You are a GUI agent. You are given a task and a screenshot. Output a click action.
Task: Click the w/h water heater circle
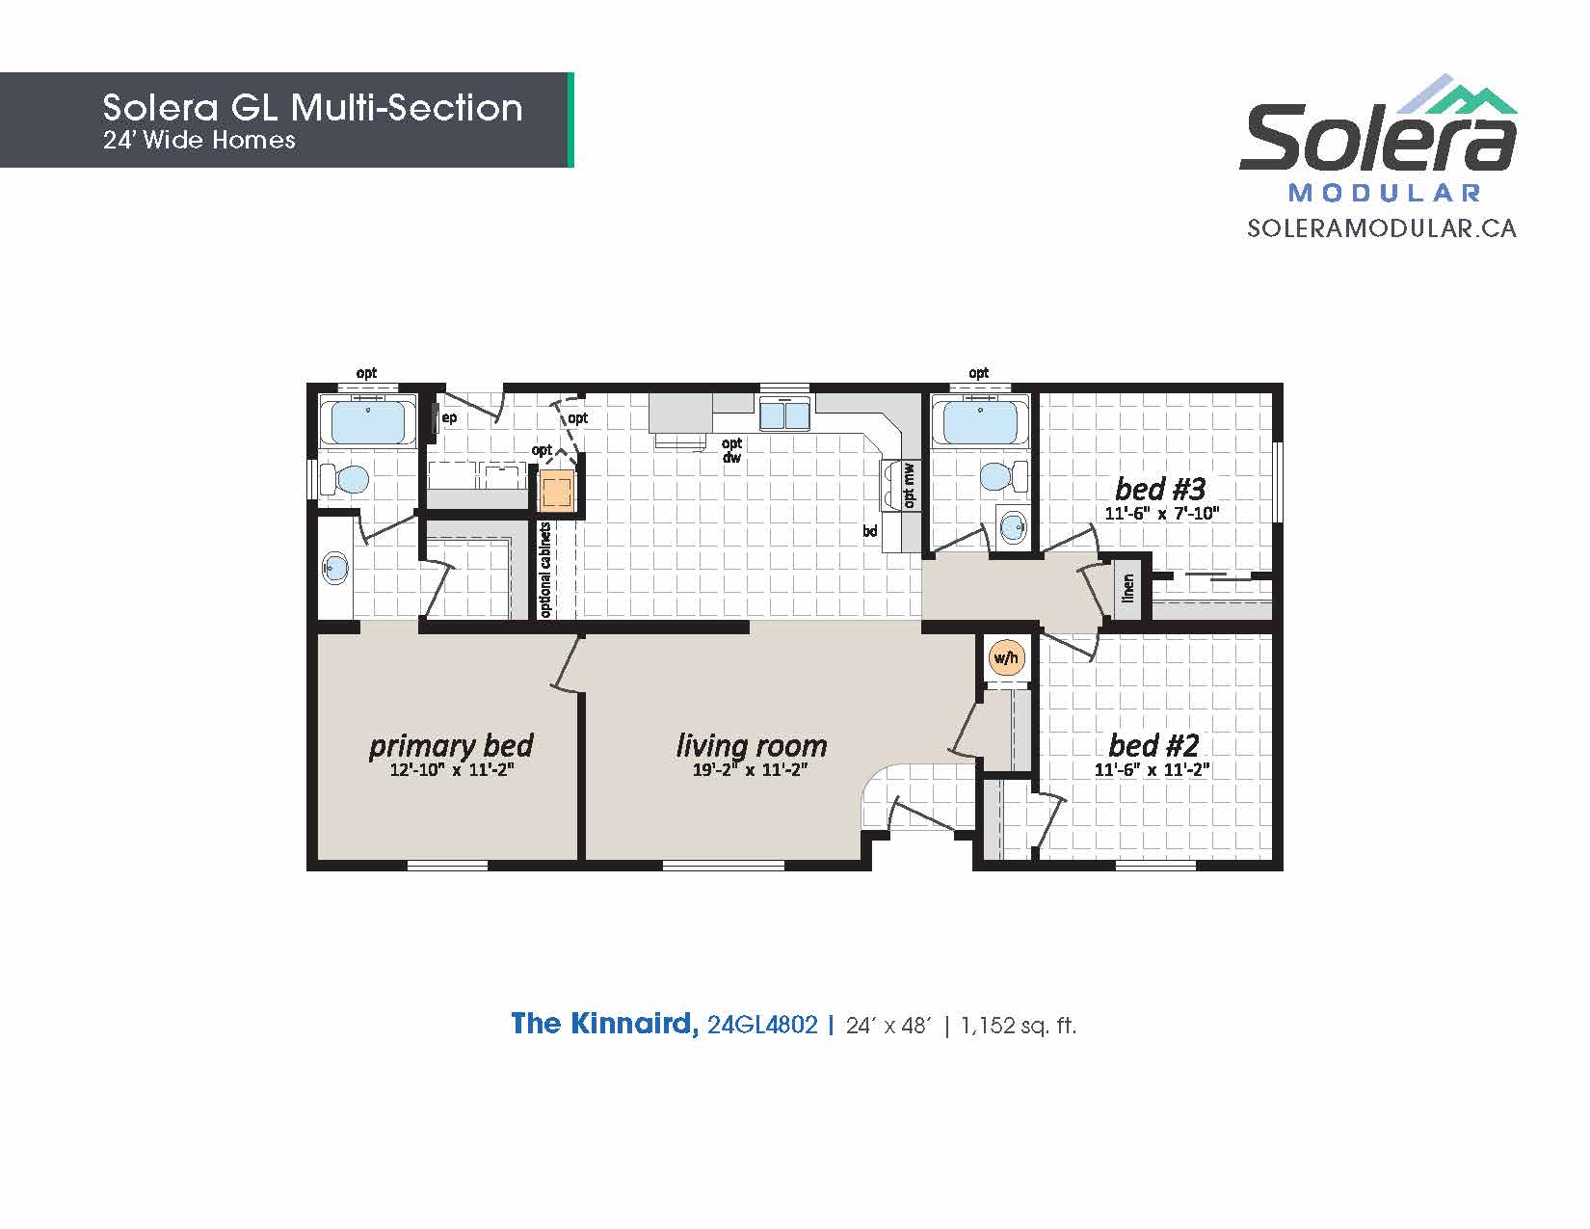point(1005,657)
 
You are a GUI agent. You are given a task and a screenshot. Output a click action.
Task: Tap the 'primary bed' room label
point(451,746)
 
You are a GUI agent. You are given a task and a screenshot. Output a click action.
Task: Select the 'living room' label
point(752,746)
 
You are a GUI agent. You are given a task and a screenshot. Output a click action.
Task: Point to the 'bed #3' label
point(1160,488)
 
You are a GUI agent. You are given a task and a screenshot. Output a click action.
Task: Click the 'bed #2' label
point(1153,745)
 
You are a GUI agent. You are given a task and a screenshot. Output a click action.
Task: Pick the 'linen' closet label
point(1127,588)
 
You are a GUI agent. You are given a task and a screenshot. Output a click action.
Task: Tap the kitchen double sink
point(784,415)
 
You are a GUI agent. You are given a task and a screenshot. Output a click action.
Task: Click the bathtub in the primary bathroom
point(368,421)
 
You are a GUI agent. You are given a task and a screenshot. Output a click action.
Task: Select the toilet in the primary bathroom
point(344,480)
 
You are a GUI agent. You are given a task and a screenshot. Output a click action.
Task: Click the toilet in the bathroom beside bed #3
point(1004,476)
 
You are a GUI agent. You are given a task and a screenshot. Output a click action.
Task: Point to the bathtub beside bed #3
point(980,421)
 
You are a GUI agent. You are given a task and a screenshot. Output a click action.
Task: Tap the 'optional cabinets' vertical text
point(544,570)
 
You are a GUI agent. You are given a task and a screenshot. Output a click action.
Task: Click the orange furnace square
point(557,491)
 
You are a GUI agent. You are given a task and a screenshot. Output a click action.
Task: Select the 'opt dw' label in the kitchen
point(731,450)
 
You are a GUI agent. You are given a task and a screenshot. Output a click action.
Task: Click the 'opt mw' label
point(910,485)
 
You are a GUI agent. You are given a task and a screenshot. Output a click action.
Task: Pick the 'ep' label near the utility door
point(449,418)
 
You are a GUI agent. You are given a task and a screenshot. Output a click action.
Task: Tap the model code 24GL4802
point(761,1025)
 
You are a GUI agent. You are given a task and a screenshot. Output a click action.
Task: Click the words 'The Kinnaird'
point(603,1024)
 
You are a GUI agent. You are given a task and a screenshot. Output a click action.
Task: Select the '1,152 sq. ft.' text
point(1019,1026)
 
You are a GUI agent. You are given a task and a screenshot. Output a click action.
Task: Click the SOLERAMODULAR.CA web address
point(1382,228)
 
